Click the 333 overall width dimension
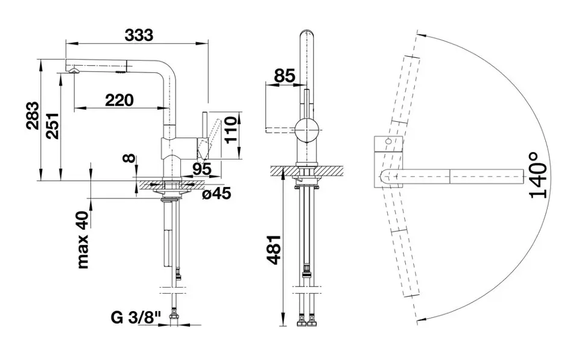coord(139,35)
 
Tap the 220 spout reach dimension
coord(119,100)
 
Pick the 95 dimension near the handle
coord(201,169)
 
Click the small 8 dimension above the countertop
coord(129,159)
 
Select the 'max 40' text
coord(83,241)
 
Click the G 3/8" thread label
coord(136,318)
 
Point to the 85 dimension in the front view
coord(285,76)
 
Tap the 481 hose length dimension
coord(274,250)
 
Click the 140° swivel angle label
coord(537,175)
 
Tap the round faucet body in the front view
coord(306,131)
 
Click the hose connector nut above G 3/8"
coord(173,317)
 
